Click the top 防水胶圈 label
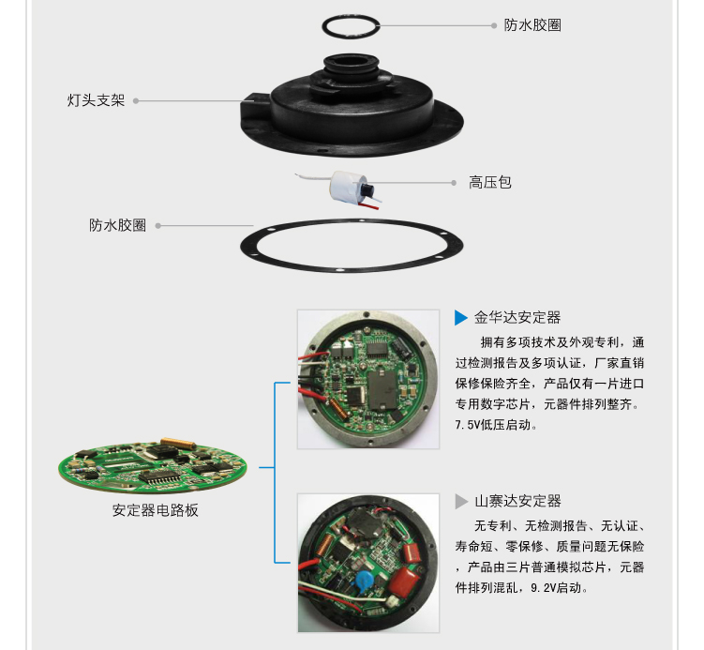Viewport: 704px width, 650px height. pos(532,25)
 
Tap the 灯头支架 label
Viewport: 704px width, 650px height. pos(96,99)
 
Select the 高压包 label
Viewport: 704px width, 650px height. pos(490,182)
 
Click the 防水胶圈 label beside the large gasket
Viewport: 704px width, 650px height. pos(118,225)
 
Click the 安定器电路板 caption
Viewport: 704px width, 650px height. pos(156,510)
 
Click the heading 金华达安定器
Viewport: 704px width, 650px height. pos(517,317)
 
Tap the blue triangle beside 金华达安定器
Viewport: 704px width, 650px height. pos(461,317)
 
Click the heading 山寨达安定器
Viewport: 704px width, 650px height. pos(517,501)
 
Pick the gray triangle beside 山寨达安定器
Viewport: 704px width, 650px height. pos(461,501)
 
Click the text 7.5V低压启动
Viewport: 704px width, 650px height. pos(497,425)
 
